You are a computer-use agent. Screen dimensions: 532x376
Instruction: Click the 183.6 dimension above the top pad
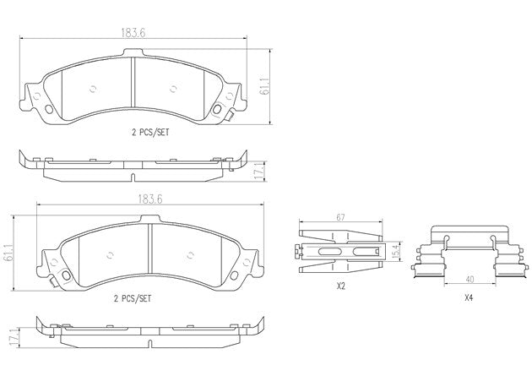point(133,33)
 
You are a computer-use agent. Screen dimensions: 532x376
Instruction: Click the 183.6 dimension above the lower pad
point(150,199)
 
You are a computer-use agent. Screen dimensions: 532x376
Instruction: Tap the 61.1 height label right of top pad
point(264,87)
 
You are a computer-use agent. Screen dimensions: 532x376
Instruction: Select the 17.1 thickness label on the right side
point(259,172)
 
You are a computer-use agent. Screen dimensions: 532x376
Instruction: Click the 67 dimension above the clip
point(340,217)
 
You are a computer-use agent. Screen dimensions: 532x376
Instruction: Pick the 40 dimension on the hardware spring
point(470,280)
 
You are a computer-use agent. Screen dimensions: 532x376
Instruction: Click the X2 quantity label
point(340,286)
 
